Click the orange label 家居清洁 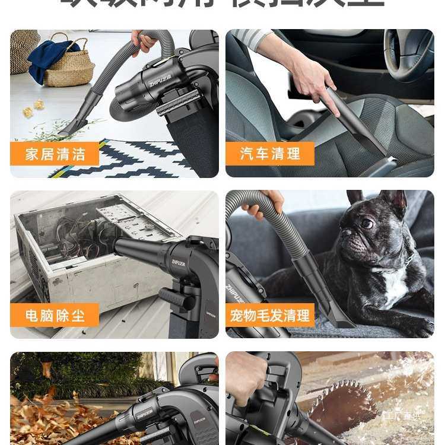(54, 154)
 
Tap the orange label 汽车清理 (270, 154)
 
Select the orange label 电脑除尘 (55, 315)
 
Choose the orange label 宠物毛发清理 (270, 315)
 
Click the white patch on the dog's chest (395, 285)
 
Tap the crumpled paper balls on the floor (33, 108)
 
